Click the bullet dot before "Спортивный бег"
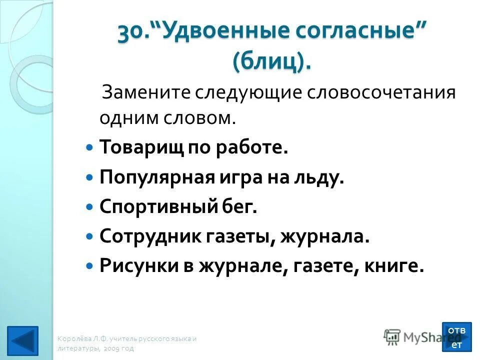tap(90, 206)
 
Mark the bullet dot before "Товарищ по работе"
tap(90, 148)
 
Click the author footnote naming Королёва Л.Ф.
tap(127, 343)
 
